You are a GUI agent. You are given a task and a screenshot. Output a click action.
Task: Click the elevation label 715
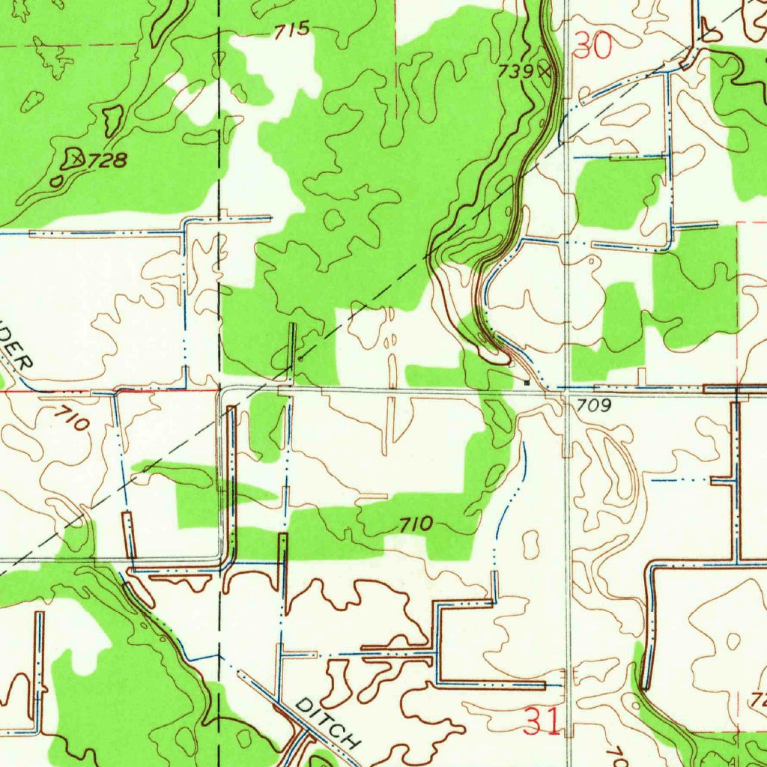(x=291, y=30)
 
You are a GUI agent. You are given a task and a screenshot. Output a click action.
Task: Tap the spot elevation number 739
(x=517, y=71)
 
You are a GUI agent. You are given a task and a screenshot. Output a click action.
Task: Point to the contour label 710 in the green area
(x=415, y=524)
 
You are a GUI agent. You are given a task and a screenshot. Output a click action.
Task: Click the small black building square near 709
(x=527, y=382)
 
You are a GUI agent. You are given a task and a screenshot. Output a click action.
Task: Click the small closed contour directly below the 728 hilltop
(x=57, y=181)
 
